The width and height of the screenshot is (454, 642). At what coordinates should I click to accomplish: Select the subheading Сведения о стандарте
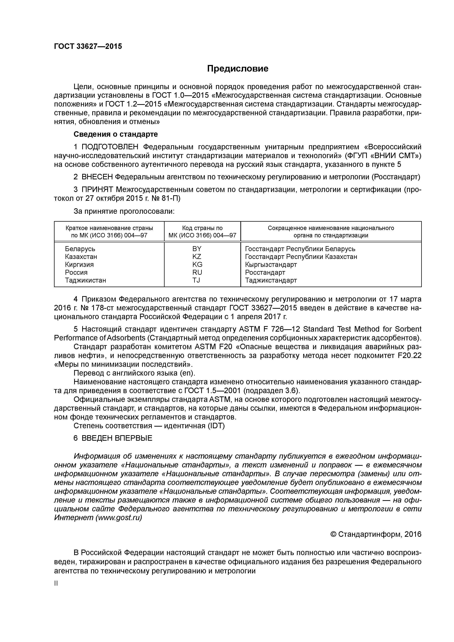tap(116, 134)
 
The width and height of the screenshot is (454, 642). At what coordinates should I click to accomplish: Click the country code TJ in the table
tap(196, 280)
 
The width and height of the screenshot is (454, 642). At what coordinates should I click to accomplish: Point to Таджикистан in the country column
tap(86, 280)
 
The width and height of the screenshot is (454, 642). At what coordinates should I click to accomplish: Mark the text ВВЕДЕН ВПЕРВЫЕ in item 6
tap(117, 438)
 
